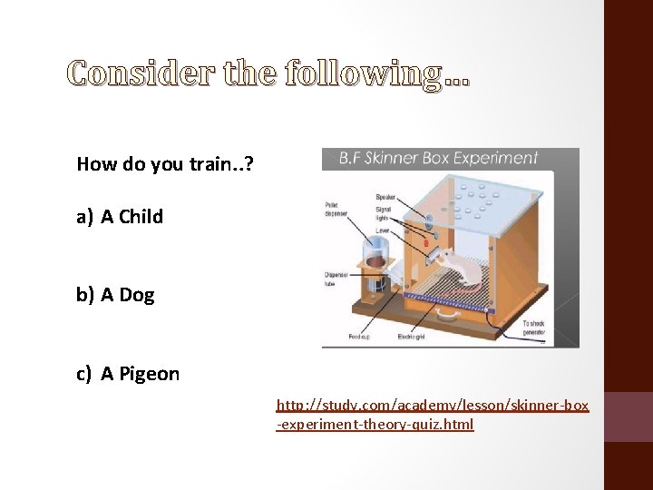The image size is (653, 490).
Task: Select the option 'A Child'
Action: click(x=132, y=216)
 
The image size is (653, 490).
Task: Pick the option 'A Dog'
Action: click(x=127, y=294)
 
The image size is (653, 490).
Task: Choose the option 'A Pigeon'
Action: click(x=140, y=373)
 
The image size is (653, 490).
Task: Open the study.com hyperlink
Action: click(x=432, y=414)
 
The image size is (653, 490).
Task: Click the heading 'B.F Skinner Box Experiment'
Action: click(x=438, y=158)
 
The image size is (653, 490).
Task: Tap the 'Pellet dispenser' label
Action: click(x=336, y=210)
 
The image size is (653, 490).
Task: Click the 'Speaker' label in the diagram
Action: click(x=385, y=197)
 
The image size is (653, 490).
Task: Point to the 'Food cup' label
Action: click(x=358, y=337)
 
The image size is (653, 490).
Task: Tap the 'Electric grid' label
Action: click(x=411, y=337)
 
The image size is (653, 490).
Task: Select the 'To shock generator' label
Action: click(x=534, y=327)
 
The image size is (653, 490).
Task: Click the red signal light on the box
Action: click(x=424, y=246)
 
